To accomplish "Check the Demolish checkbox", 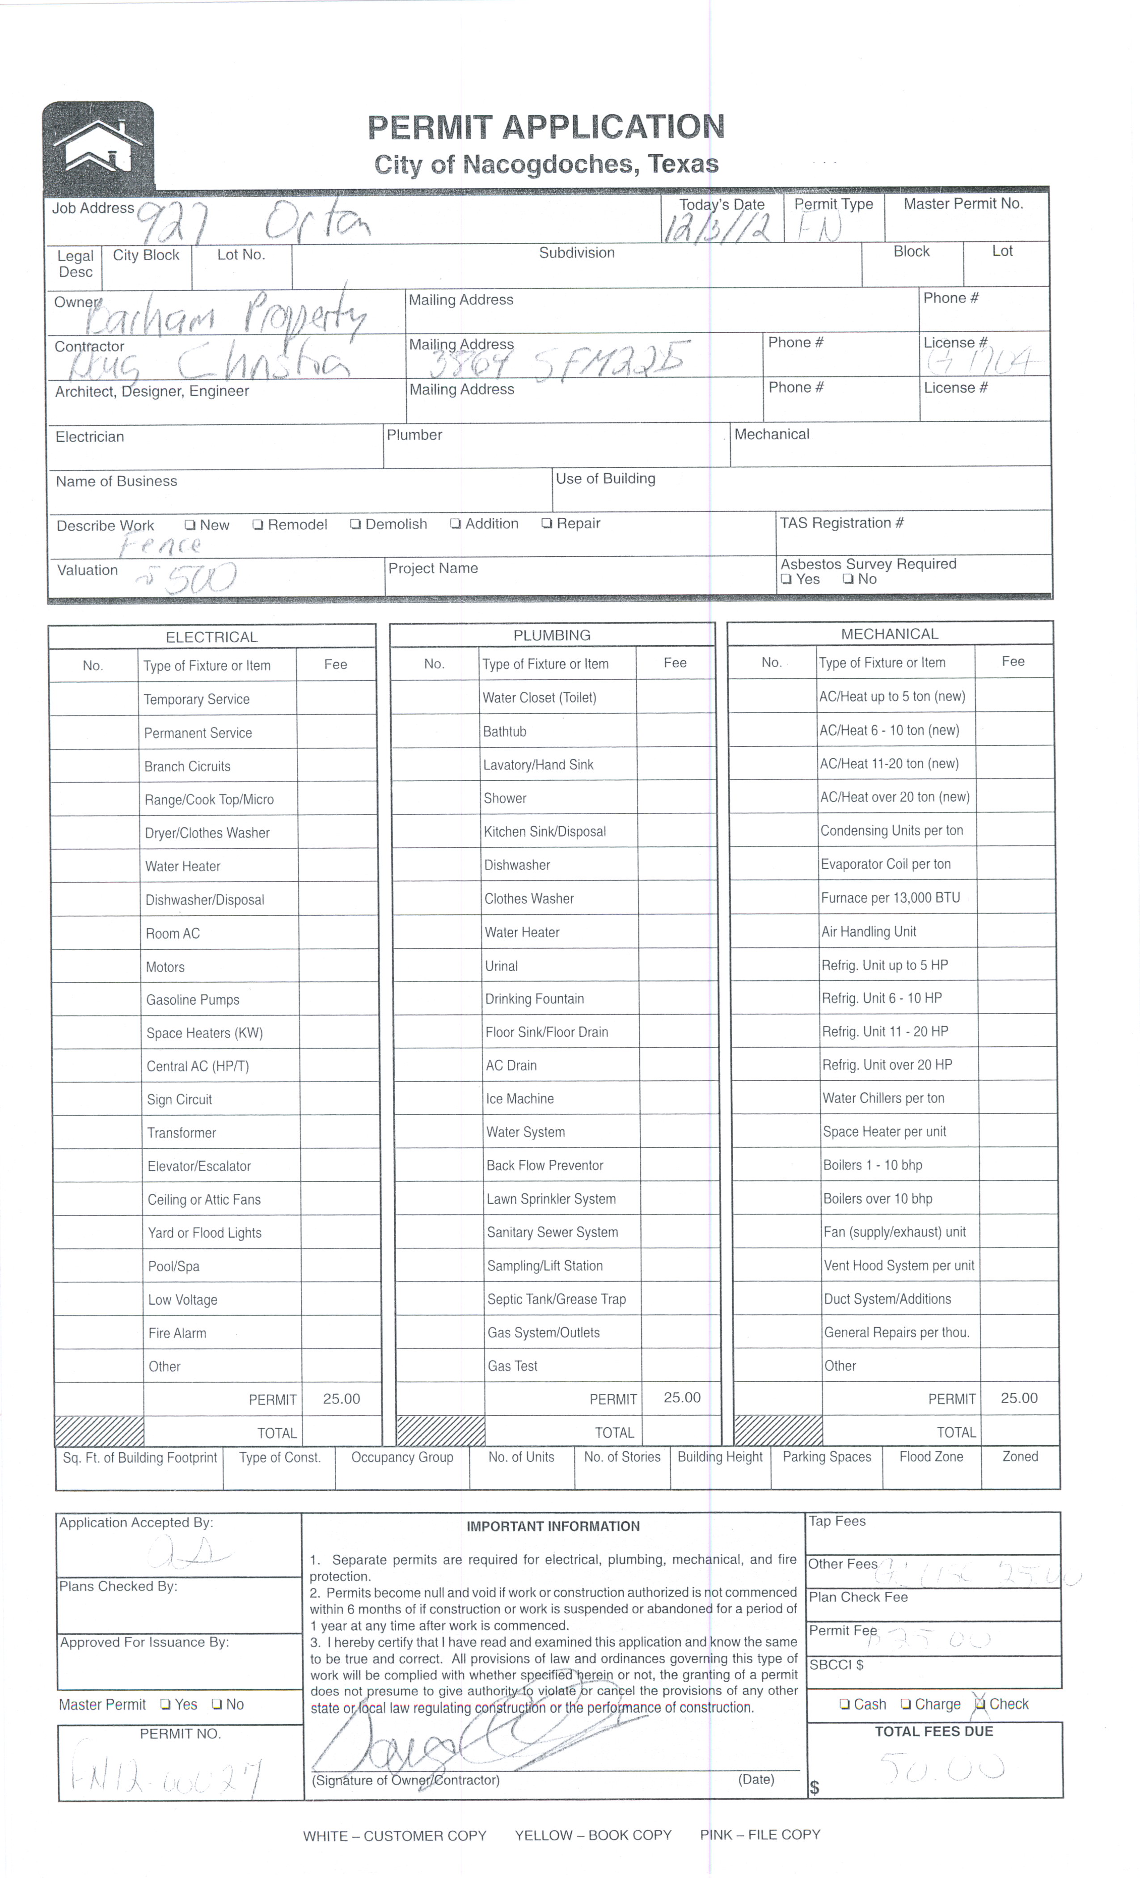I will [355, 524].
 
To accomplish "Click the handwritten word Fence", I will [160, 545].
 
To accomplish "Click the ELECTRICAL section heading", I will [212, 637].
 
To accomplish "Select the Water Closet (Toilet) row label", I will [540, 698].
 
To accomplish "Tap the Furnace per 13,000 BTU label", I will [890, 898].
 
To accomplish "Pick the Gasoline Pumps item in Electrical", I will [193, 1000].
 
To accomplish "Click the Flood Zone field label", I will [930, 1456].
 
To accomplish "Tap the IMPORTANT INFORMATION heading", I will [553, 1527].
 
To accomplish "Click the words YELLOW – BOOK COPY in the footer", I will [593, 1836].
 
